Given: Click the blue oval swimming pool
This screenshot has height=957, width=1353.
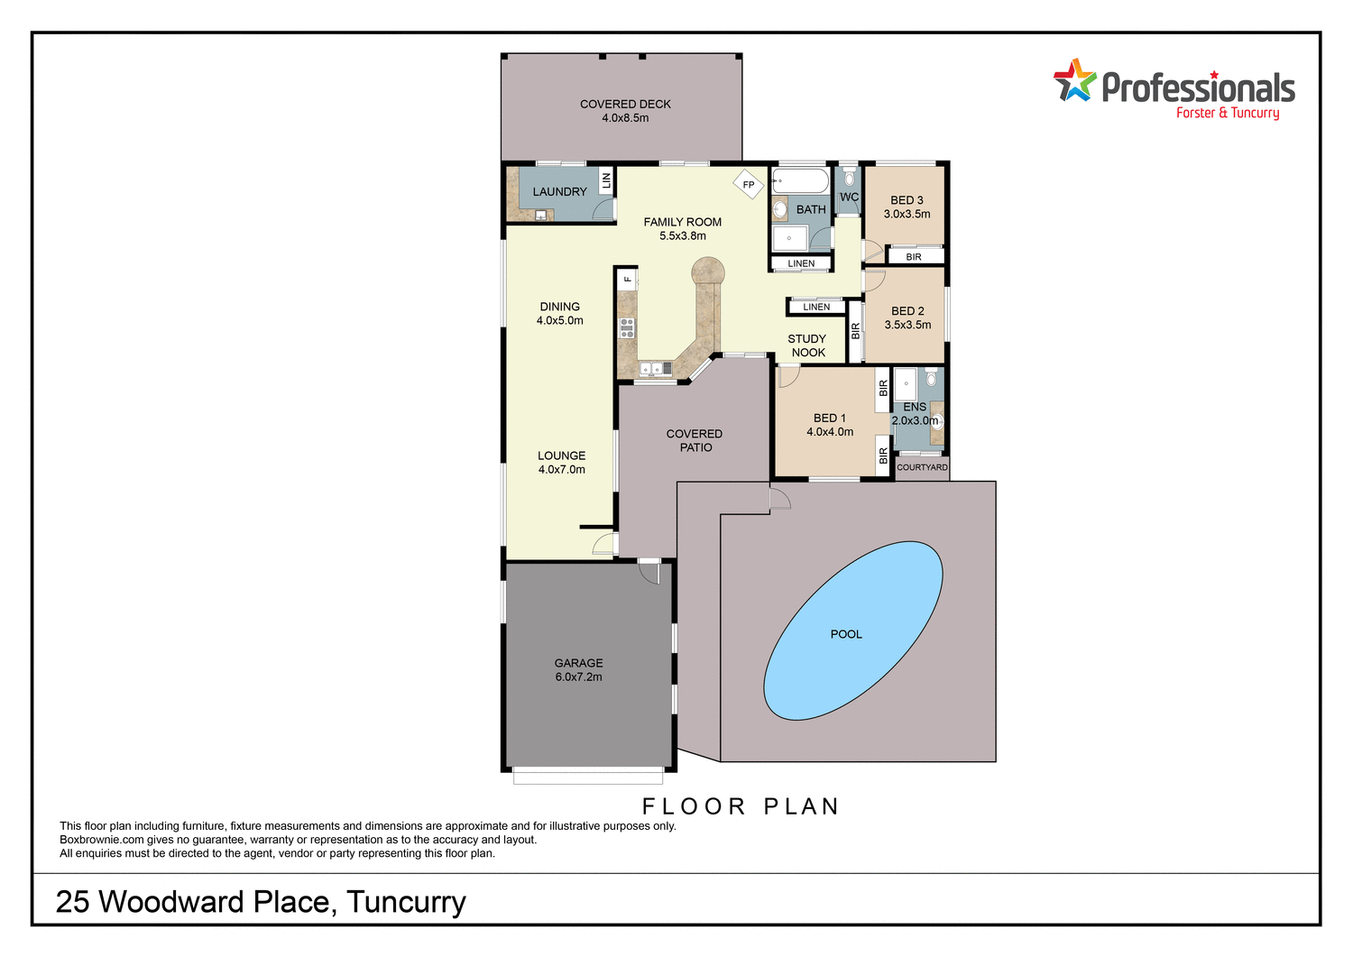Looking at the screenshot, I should pyautogui.click(x=852, y=631).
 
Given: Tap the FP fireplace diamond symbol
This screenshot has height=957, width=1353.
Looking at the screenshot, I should pyautogui.click(x=748, y=185).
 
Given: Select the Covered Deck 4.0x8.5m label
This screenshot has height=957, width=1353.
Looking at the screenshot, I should pyautogui.click(x=625, y=111).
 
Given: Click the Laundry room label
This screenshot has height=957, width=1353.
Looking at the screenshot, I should pyautogui.click(x=559, y=191).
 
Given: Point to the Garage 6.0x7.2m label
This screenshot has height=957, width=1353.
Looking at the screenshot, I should pyautogui.click(x=578, y=669).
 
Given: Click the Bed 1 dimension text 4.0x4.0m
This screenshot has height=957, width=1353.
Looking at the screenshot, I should pyautogui.click(x=830, y=432).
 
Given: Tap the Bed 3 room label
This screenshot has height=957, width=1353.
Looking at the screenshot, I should pyautogui.click(x=907, y=200).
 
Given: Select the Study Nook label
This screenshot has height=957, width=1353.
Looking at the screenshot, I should pyautogui.click(x=807, y=345).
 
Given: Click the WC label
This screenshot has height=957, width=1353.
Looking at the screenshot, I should pyautogui.click(x=849, y=197).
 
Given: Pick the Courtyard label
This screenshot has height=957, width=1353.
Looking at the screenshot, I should pyautogui.click(x=922, y=467).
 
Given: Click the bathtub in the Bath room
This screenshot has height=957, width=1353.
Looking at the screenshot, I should pyautogui.click(x=800, y=181).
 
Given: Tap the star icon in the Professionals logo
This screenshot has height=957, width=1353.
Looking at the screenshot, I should pyautogui.click(x=1074, y=81).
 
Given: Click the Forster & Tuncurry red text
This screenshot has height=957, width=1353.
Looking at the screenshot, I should pyautogui.click(x=1227, y=113).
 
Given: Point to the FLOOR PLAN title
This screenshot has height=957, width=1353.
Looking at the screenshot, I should pyautogui.click(x=741, y=806).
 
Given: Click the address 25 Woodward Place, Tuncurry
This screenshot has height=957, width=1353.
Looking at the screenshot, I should pyautogui.click(x=261, y=901).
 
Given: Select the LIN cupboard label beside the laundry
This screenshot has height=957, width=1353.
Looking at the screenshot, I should pyautogui.click(x=606, y=179).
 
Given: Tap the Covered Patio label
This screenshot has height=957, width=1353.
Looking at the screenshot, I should pyautogui.click(x=695, y=440).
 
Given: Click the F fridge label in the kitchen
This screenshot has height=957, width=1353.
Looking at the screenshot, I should pyautogui.click(x=628, y=280).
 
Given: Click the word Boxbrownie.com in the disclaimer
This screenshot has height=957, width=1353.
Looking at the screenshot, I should pyautogui.click(x=102, y=840).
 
